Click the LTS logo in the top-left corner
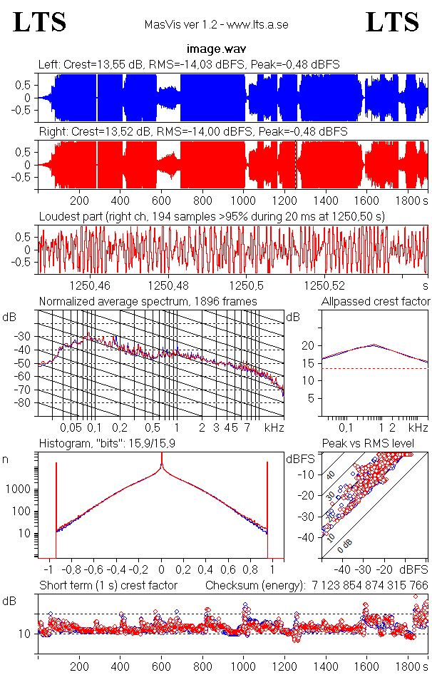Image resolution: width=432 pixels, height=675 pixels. click(x=40, y=23)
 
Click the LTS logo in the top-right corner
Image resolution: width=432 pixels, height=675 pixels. click(x=392, y=23)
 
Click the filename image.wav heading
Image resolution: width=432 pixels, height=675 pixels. click(x=216, y=50)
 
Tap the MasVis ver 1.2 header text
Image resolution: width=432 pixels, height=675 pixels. click(x=216, y=25)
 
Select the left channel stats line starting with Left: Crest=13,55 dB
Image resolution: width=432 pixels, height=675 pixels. click(x=189, y=65)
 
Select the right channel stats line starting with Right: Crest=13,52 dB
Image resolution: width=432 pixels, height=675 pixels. click(x=192, y=132)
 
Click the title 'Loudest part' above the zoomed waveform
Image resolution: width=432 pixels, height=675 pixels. click(x=217, y=216)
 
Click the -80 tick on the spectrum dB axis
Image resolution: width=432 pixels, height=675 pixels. click(x=26, y=403)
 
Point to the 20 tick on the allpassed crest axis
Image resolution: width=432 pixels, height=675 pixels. click(x=309, y=345)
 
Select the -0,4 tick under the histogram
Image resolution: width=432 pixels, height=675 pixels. click(x=118, y=570)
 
